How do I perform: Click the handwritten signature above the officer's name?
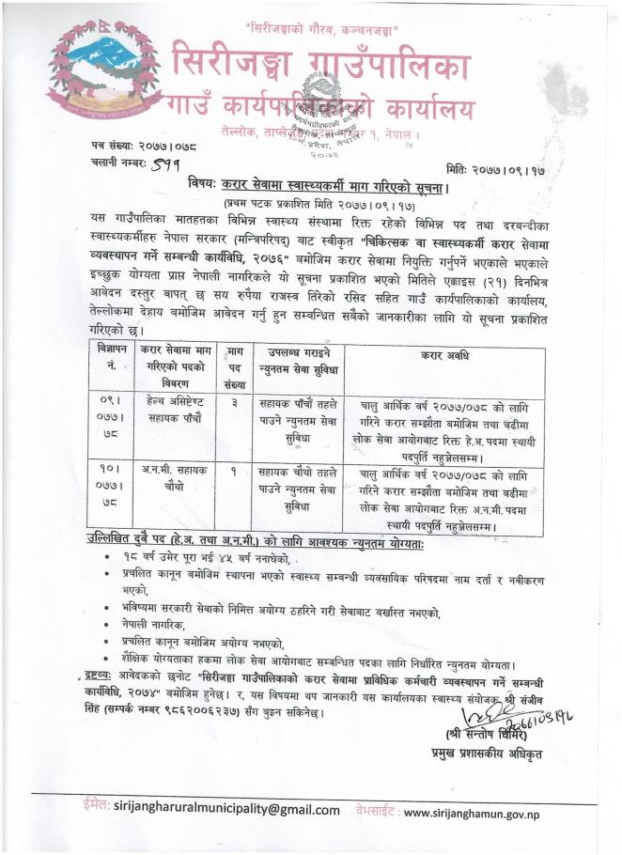click(498, 692)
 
